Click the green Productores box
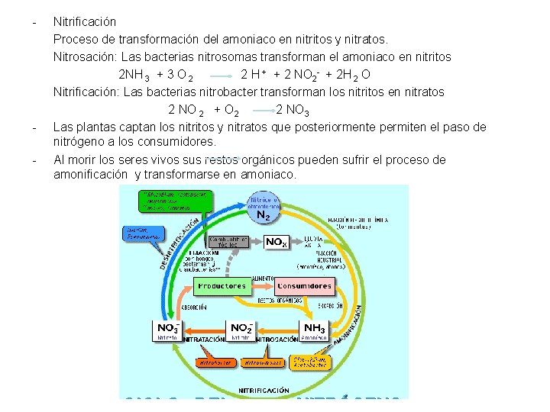click(x=222, y=286)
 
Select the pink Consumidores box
click(x=305, y=286)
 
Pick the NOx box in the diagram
click(x=276, y=242)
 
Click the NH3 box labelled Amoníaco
click(x=314, y=330)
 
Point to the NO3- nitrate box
click(x=167, y=330)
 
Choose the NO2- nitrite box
click(x=241, y=330)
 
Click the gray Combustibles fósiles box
click(x=228, y=243)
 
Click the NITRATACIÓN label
click(x=204, y=338)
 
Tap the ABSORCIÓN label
click(x=193, y=307)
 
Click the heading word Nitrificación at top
click(x=85, y=22)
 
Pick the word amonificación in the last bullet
click(x=91, y=175)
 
